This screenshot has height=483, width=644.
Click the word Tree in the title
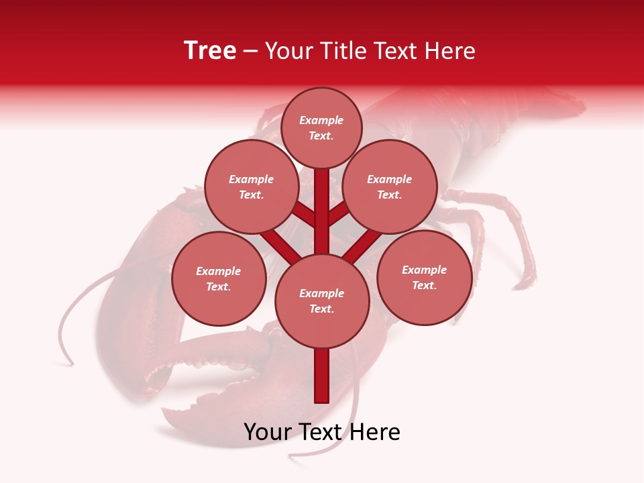pos(210,50)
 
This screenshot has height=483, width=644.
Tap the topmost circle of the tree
pos(321,127)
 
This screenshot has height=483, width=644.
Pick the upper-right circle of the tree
pos(390,186)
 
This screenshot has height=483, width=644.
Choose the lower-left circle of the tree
pos(219,278)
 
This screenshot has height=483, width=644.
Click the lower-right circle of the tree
pos(424,277)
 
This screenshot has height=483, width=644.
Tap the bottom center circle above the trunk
pos(322,301)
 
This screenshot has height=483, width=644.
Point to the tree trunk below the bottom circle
pos(322,376)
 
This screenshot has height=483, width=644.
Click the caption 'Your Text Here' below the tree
pos(322,432)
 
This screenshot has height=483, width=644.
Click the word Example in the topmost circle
pos(321,120)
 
